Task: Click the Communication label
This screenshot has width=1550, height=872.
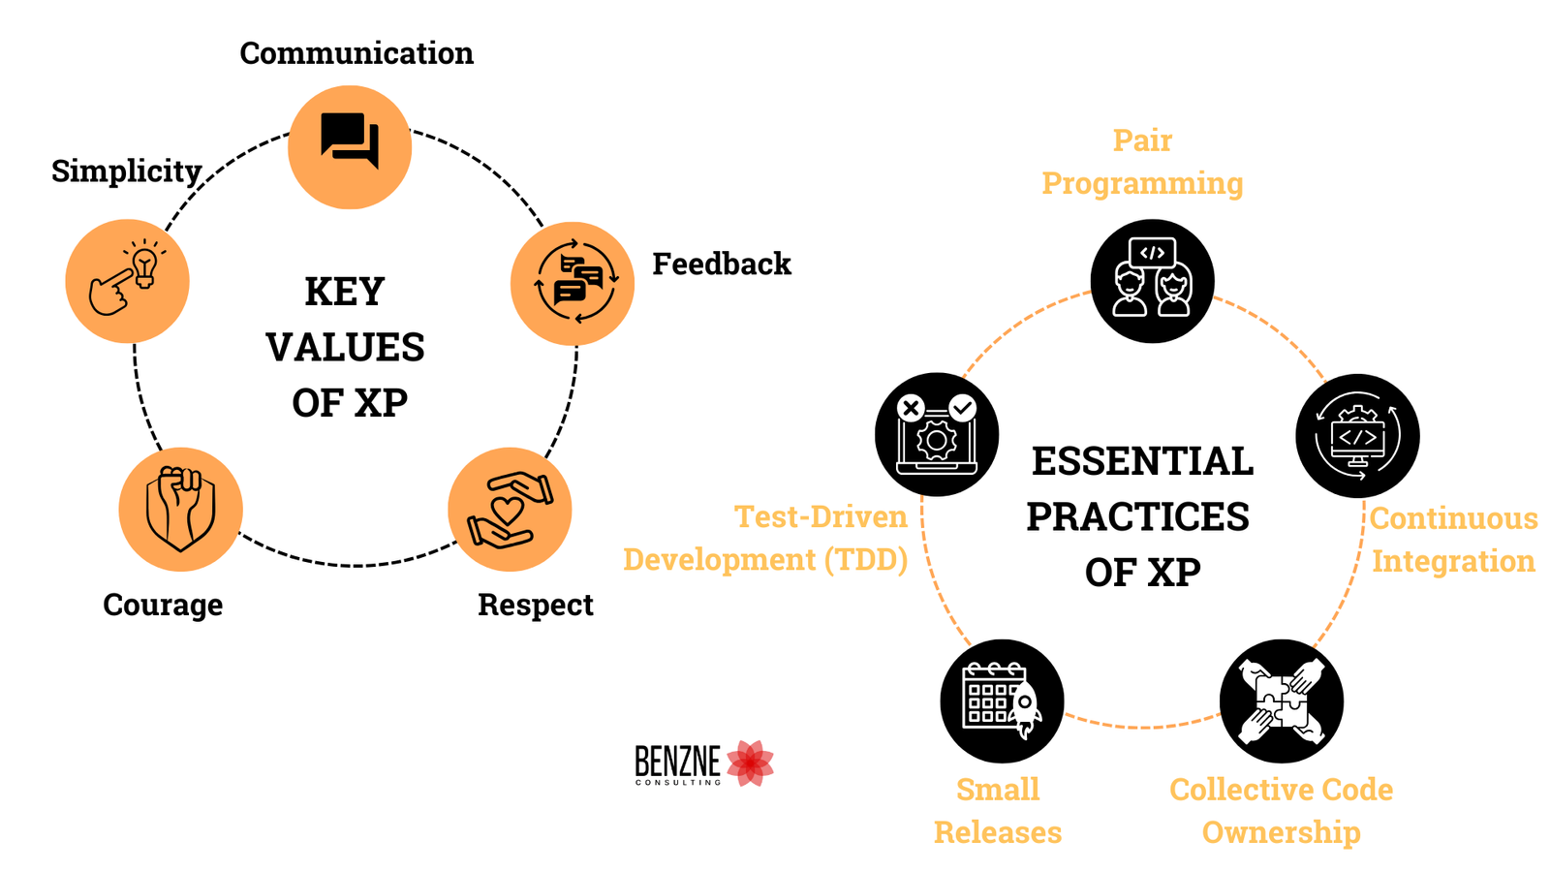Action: [x=356, y=53]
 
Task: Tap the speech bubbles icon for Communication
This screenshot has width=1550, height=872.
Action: [x=350, y=147]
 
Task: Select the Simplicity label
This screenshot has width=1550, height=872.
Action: [x=126, y=171]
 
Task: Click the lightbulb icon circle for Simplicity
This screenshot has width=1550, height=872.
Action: [x=127, y=281]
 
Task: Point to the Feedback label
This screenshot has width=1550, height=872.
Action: [x=721, y=264]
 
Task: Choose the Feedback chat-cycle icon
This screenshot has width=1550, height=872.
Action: [x=573, y=283]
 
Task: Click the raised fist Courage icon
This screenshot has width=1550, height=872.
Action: [x=180, y=509]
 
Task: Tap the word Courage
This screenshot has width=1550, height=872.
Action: [x=163, y=605]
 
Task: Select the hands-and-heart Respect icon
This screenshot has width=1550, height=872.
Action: [x=510, y=509]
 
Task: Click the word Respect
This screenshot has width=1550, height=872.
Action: [x=535, y=605]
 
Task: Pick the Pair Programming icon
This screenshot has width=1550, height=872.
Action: [x=1152, y=281]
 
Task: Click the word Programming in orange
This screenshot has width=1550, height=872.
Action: [x=1142, y=183]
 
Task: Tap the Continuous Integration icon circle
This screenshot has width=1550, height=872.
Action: [x=1357, y=436]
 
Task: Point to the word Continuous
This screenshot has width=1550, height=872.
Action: [x=1453, y=518]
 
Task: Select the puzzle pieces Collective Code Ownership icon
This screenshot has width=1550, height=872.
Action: [x=1281, y=701]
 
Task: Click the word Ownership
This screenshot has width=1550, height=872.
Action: [x=1281, y=832]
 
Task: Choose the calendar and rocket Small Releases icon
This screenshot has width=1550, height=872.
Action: [x=1002, y=701]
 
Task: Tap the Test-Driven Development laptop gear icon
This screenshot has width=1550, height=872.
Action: [x=937, y=434]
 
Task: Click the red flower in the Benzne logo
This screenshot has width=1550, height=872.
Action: [x=750, y=763]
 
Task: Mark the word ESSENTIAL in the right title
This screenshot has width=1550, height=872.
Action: [x=1142, y=461]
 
